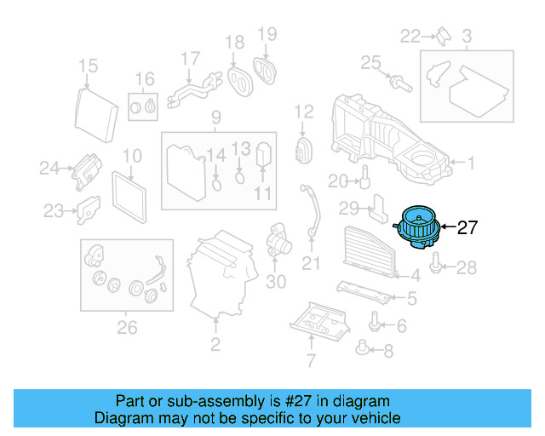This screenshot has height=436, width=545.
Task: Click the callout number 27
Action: click(468, 227)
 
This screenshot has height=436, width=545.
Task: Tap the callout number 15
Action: click(89, 66)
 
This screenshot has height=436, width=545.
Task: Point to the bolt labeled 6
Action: click(375, 324)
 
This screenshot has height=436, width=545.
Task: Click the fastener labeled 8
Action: click(364, 347)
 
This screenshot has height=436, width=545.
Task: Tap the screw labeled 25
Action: click(397, 83)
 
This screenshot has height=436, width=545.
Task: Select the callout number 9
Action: click(216, 118)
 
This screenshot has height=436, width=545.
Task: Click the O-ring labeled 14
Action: click(217, 181)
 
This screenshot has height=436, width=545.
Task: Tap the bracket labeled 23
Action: click(88, 209)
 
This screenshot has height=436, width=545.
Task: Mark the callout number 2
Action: click(215, 344)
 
